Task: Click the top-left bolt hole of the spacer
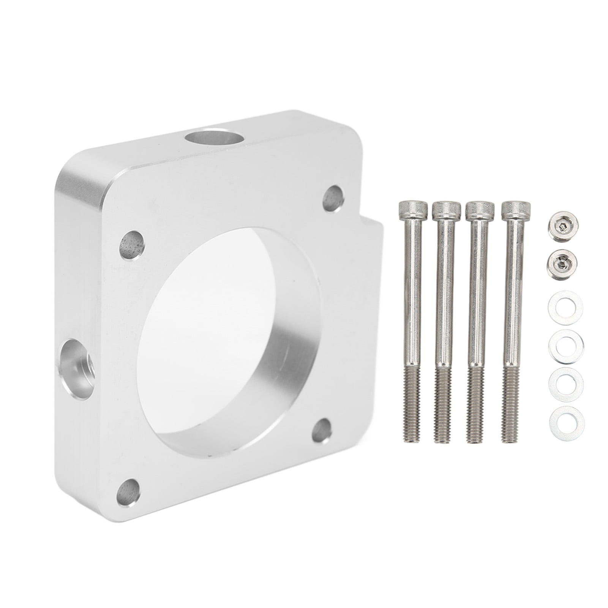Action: pos(132,243)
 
